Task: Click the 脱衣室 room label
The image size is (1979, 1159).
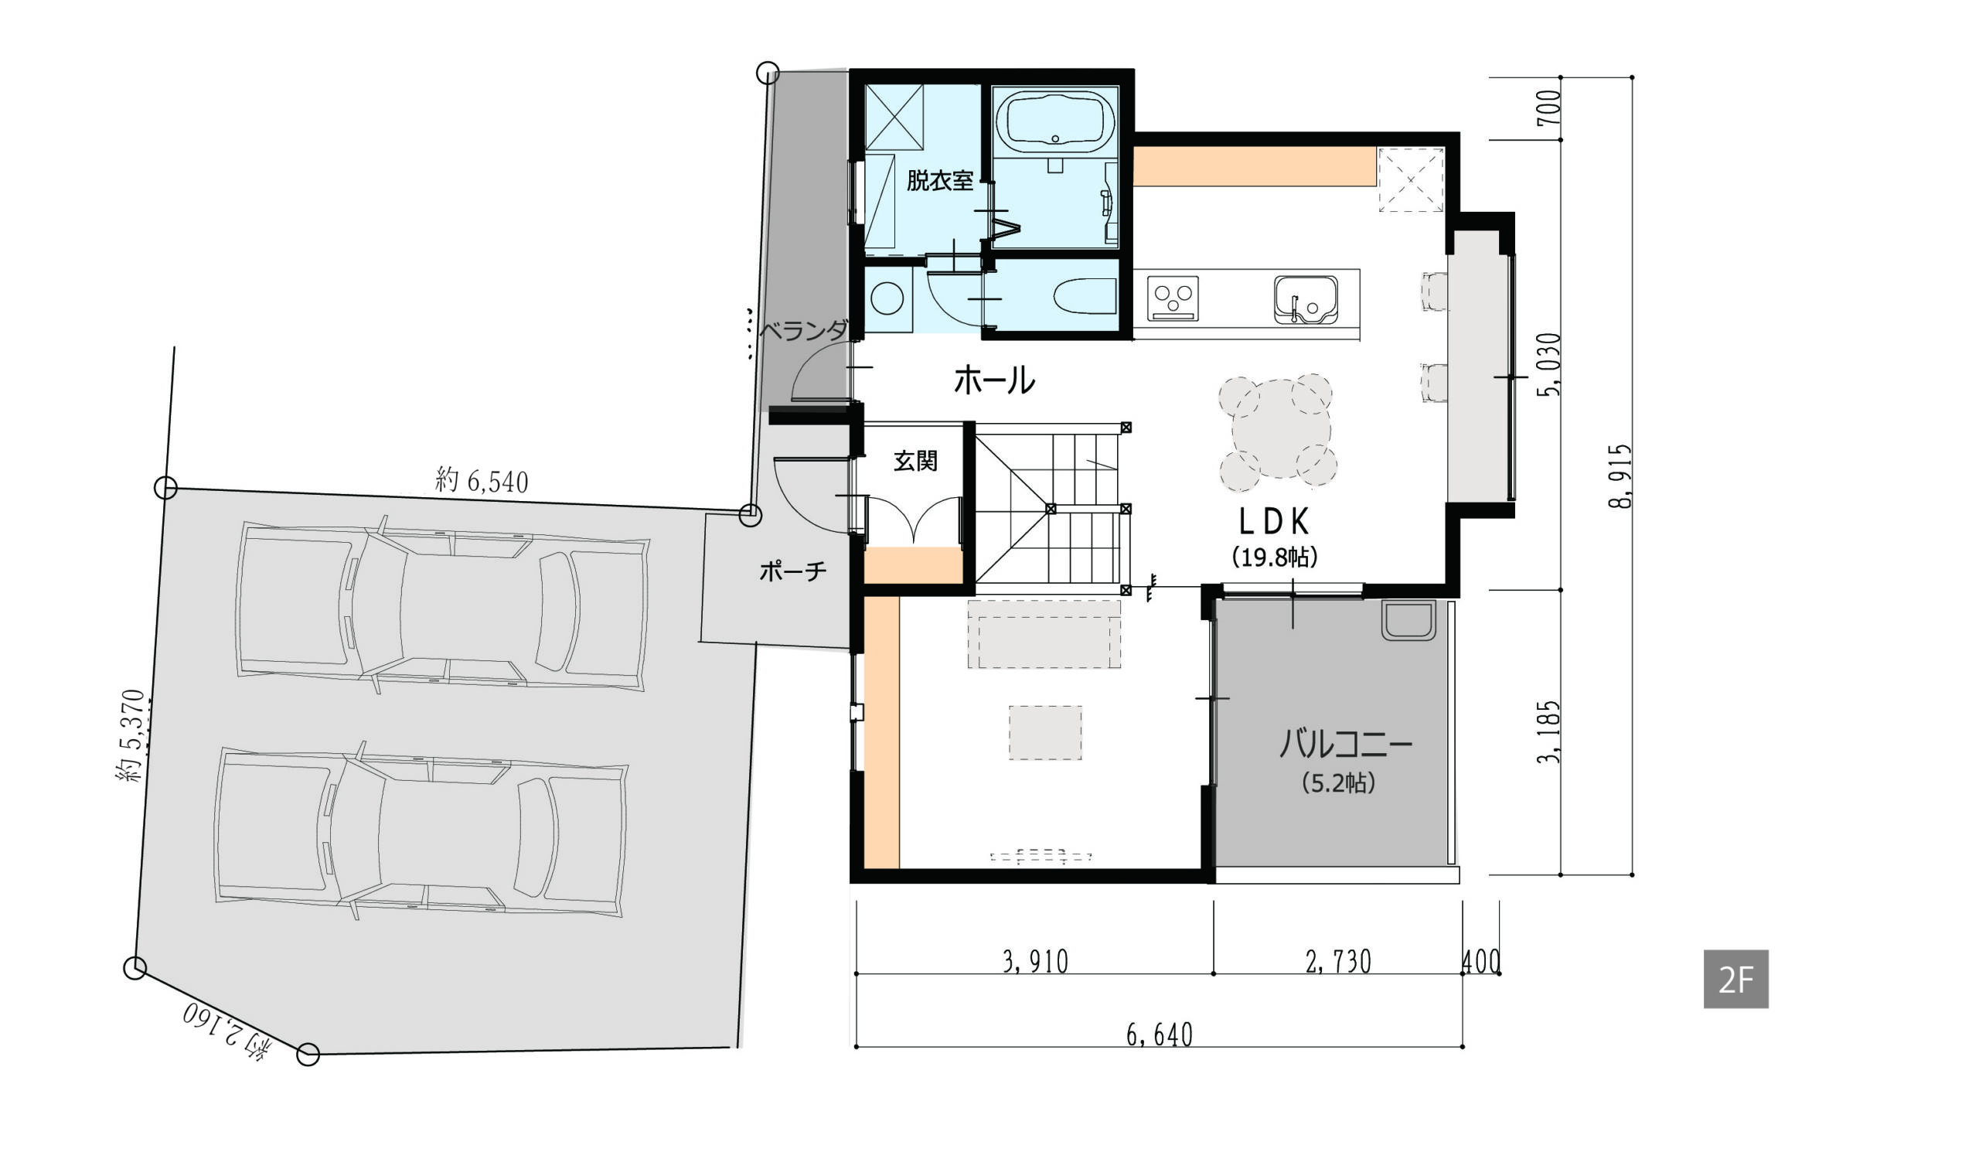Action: pyautogui.click(x=940, y=181)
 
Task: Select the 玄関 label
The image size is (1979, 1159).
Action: pyautogui.click(x=916, y=461)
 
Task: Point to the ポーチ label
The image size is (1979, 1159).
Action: pyautogui.click(x=793, y=571)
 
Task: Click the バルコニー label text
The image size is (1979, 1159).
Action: pyautogui.click(x=1346, y=744)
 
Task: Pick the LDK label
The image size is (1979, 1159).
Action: pyautogui.click(x=1274, y=522)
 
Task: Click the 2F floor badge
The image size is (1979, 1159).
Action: pyautogui.click(x=1735, y=979)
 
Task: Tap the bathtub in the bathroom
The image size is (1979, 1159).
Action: pyautogui.click(x=1054, y=122)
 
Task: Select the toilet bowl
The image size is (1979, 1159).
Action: pyautogui.click(x=1083, y=298)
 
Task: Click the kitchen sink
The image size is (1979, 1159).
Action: pyautogui.click(x=1305, y=299)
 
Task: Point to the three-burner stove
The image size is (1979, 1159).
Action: pyautogui.click(x=1173, y=298)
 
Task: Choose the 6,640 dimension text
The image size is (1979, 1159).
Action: pyautogui.click(x=1159, y=1035)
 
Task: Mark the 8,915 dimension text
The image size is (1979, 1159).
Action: pyautogui.click(x=1620, y=476)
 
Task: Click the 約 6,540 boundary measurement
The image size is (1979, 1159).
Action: pyautogui.click(x=482, y=481)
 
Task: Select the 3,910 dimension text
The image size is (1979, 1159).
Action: pyautogui.click(x=1036, y=962)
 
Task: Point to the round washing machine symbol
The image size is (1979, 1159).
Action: pyautogui.click(x=888, y=299)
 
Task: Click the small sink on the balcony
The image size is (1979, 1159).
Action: pyautogui.click(x=1408, y=620)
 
